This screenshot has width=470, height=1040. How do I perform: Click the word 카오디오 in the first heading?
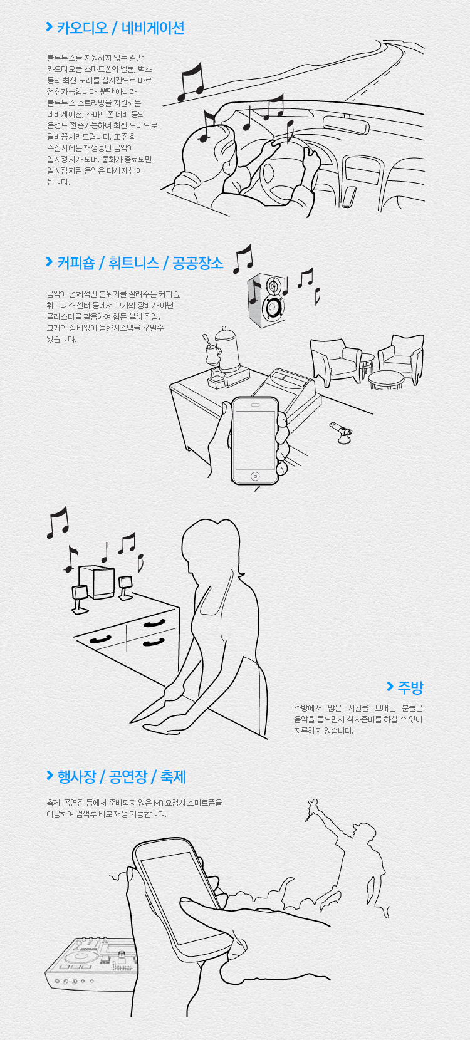click(82, 28)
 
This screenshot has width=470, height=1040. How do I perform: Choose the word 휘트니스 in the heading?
click(133, 263)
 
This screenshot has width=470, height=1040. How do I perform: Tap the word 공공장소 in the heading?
click(197, 263)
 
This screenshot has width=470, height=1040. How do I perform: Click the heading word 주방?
click(410, 687)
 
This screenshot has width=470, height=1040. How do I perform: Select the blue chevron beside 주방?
click(390, 687)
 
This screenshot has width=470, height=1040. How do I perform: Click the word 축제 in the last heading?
click(173, 777)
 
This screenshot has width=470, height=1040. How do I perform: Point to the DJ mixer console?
click(91, 965)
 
